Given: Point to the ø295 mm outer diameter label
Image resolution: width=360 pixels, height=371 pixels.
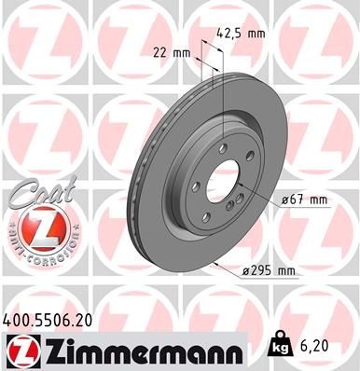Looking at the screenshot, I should (x=268, y=271).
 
